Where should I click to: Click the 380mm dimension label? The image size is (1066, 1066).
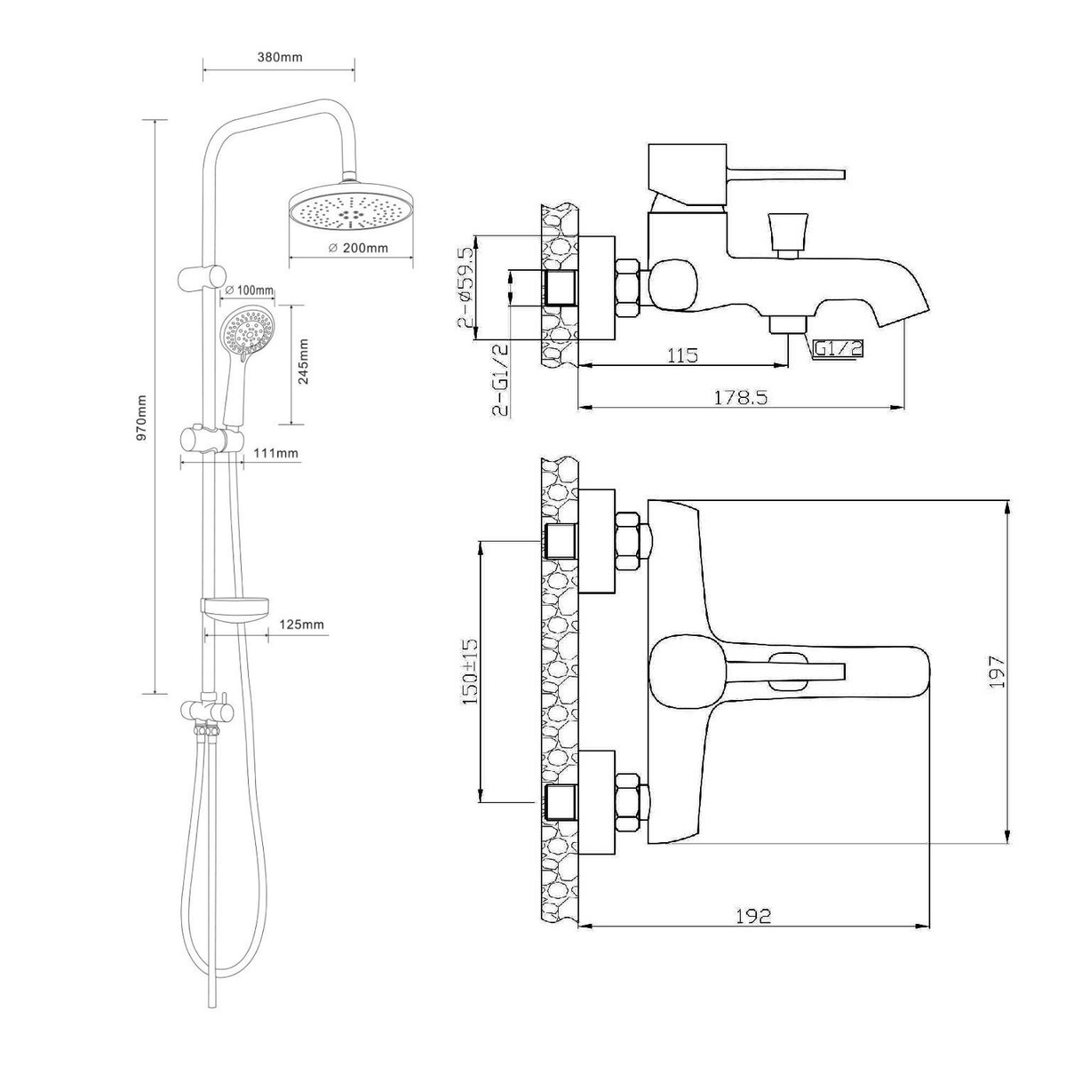coord(280,57)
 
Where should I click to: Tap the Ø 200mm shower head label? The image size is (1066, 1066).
coord(358,248)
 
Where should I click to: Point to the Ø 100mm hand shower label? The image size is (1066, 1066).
coord(250,290)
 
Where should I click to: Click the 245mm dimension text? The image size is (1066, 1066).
coord(303,362)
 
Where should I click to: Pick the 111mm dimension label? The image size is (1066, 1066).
coord(275,454)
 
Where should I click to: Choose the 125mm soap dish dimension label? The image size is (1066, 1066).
coord(301,624)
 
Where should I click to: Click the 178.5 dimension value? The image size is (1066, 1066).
coord(741,397)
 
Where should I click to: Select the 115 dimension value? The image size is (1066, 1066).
coord(681,354)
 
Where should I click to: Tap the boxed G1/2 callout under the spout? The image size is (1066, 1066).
coord(838,348)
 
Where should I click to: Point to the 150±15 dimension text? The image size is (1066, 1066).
coord(470,672)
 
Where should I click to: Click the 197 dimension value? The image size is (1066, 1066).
coord(997,672)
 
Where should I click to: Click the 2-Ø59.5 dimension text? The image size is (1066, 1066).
coord(465,288)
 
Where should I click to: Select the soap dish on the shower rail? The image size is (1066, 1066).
coord(236,609)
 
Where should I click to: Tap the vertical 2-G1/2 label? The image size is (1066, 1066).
coord(499,379)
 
